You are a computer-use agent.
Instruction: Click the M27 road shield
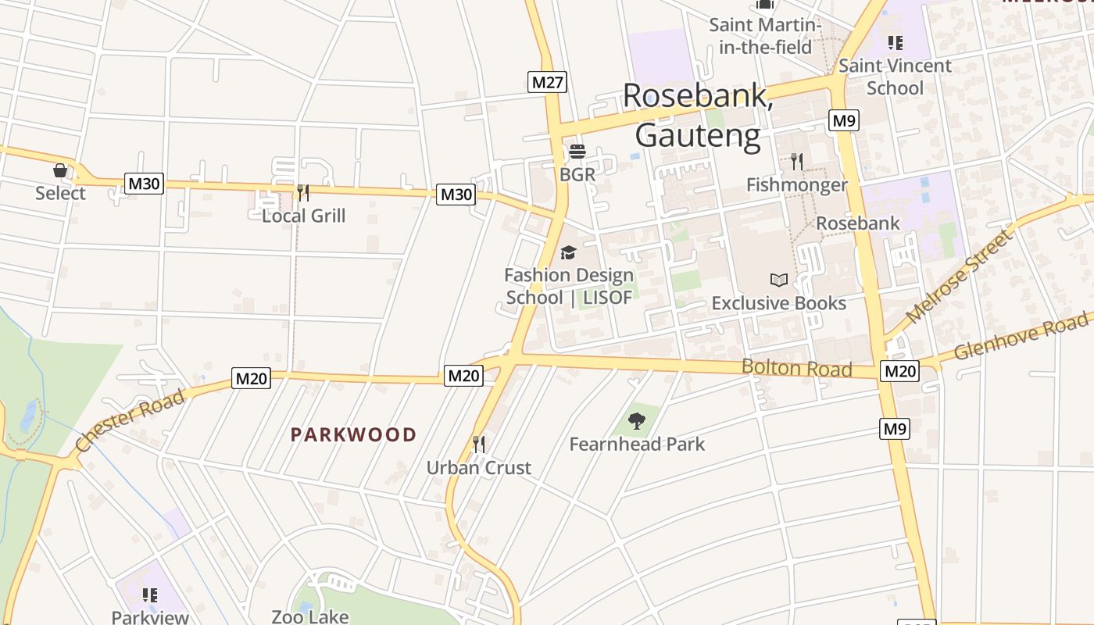point(546,82)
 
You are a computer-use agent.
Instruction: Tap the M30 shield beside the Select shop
point(144,184)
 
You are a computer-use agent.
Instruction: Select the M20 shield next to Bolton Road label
point(899,371)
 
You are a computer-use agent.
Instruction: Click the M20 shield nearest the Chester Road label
point(252,379)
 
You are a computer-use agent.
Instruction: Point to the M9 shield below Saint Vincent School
point(844,120)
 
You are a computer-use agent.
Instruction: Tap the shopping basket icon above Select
point(60,170)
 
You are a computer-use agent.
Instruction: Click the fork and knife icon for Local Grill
point(303,192)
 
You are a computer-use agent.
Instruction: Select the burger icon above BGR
point(577,151)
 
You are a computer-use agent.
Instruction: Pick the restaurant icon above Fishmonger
point(796,162)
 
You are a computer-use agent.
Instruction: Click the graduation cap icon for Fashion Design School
point(568,252)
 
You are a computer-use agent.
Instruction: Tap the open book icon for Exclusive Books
point(779,280)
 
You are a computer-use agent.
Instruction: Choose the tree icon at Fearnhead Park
point(637,421)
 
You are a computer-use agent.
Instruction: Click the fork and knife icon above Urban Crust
point(479,445)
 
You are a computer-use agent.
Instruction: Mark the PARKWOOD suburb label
point(353,435)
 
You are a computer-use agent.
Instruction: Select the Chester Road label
point(130,420)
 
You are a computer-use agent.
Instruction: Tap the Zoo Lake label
point(309,616)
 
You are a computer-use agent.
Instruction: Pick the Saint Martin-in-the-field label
point(765,36)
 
